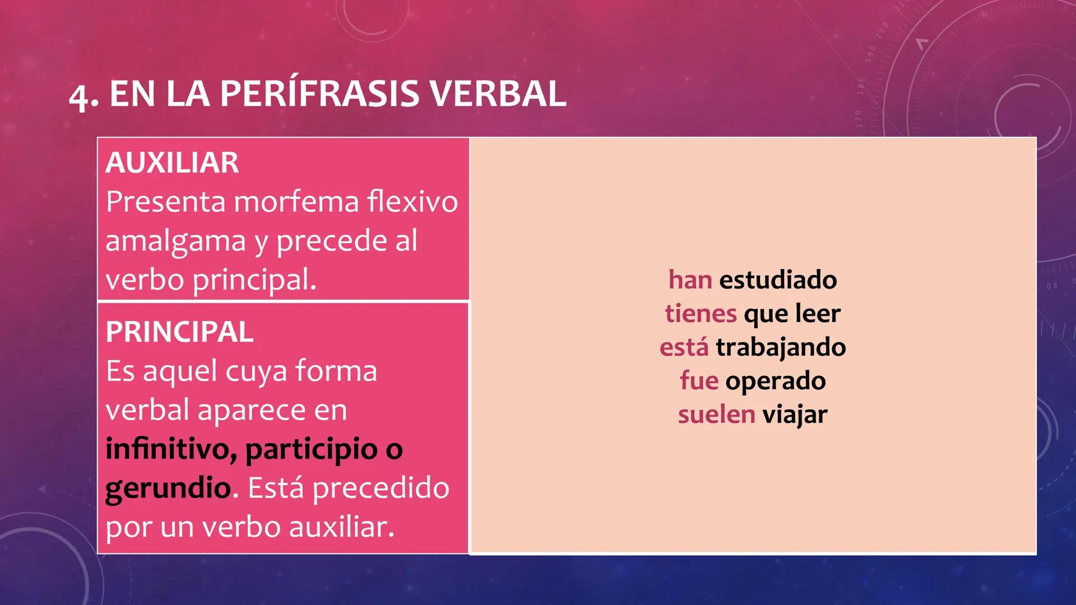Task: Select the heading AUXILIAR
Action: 172,163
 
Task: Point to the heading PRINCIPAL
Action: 179,332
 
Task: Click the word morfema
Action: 296,202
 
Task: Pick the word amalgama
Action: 175,241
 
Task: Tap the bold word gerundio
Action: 168,488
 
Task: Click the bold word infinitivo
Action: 171,449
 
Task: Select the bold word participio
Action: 312,449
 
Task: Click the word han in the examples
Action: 690,280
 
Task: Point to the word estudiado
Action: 778,280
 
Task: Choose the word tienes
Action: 701,313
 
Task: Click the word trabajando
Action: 781,347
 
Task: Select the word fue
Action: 699,381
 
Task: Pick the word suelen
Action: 716,415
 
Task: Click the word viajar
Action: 795,415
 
